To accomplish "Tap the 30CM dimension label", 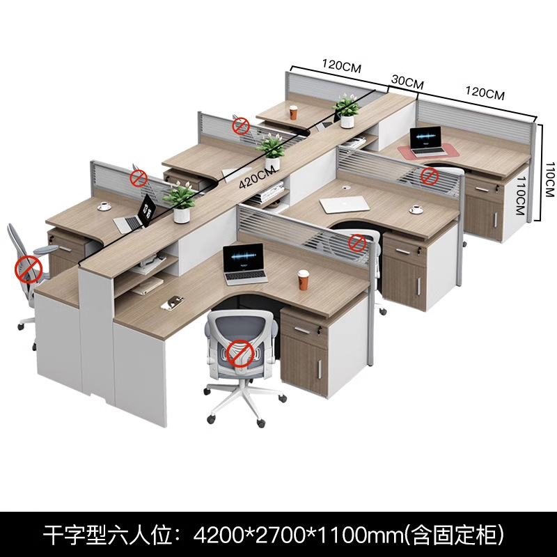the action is pyautogui.click(x=407, y=82).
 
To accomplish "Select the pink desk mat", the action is pyautogui.click(x=428, y=150).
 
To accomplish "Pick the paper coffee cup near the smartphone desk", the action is pyautogui.click(x=303, y=280).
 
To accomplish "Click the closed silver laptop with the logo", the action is pyautogui.click(x=345, y=205).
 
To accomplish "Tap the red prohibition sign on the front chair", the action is pyautogui.click(x=240, y=353).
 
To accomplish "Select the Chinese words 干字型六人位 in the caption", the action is pyautogui.click(x=109, y=535).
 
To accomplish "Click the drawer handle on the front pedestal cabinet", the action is pyautogui.click(x=302, y=330).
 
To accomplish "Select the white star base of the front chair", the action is pyautogui.click(x=244, y=398).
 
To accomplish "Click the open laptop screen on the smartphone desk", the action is pyautogui.click(x=244, y=258).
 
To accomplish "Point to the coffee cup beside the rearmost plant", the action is pyautogui.click(x=293, y=112).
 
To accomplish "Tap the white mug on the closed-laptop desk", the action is pyautogui.click(x=416, y=210).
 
